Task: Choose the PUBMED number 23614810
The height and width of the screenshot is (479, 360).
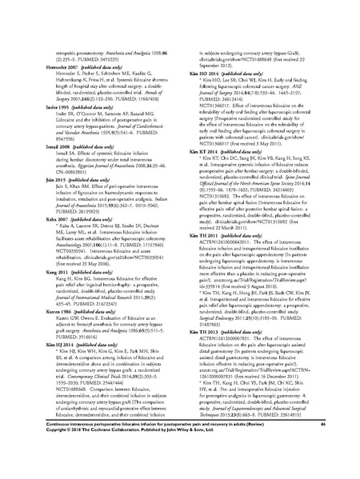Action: (294, 417)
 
